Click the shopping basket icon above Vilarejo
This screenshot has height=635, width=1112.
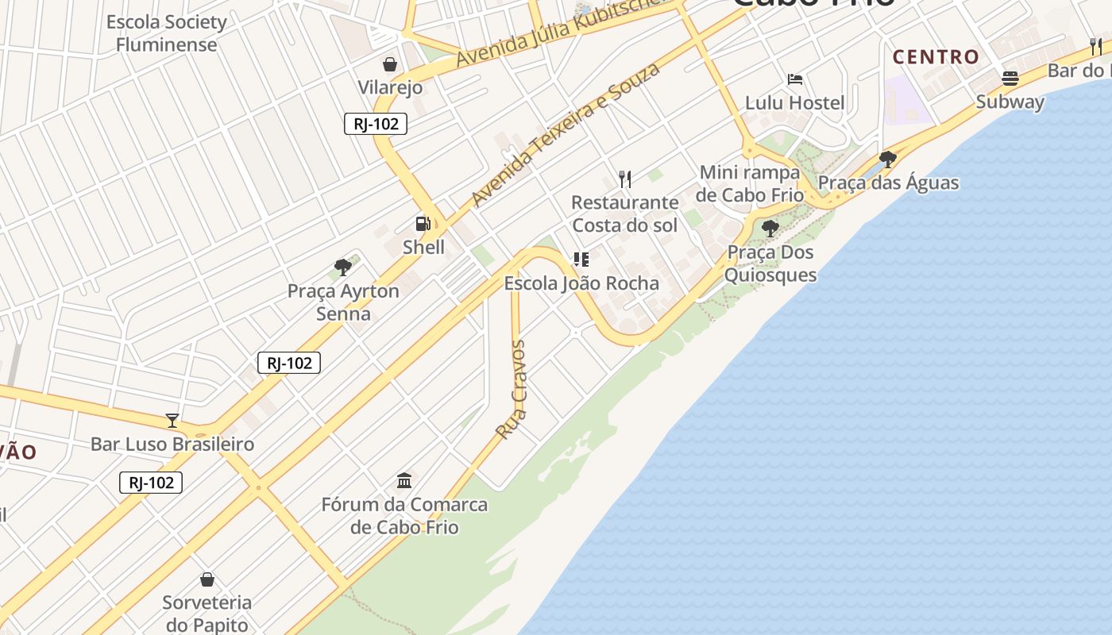[390, 63]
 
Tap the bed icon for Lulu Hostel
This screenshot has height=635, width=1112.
[794, 79]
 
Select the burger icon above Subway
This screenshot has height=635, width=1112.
[1010, 78]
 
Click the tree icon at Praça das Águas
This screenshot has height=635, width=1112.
[888, 160]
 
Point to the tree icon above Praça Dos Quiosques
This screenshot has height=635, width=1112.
[770, 229]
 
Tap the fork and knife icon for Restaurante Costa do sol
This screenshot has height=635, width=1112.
[625, 179]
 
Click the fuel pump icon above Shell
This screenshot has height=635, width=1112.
[423, 224]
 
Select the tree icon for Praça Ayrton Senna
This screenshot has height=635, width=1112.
[343, 267]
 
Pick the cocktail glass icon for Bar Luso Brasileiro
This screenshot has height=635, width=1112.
[172, 420]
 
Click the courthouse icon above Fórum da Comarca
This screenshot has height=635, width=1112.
[404, 480]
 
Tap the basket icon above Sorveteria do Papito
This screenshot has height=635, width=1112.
[207, 579]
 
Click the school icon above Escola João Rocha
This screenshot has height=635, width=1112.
[581, 260]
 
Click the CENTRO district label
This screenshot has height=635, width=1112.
[936, 57]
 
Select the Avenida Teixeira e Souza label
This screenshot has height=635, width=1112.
[566, 134]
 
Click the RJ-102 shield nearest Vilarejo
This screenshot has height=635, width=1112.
[376, 124]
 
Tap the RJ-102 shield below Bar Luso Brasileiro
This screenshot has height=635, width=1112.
[151, 483]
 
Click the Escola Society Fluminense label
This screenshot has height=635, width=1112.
[167, 33]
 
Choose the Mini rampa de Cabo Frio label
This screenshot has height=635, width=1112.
[751, 183]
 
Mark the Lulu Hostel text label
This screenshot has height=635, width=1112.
[794, 102]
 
